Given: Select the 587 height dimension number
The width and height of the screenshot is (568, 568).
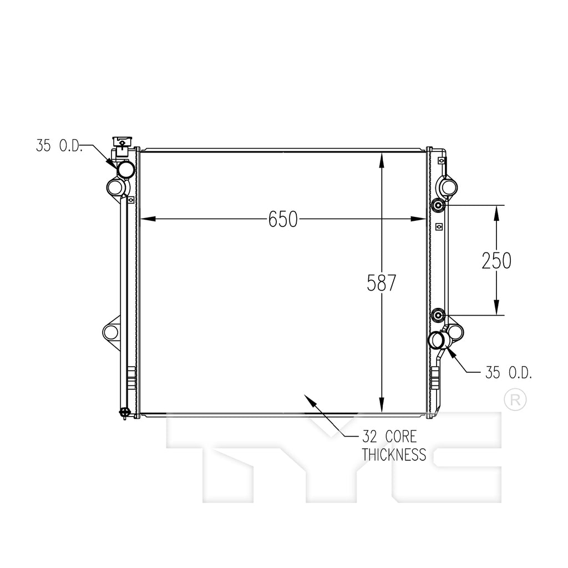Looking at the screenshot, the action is [x=382, y=283].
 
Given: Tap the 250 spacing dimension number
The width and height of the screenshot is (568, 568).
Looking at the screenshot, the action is [x=496, y=261].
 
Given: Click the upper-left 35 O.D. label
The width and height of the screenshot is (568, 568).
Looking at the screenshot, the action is [x=59, y=146].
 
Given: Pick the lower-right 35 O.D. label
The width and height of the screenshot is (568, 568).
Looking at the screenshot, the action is [x=509, y=372].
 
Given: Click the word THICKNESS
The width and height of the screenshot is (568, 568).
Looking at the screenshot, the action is [x=394, y=455].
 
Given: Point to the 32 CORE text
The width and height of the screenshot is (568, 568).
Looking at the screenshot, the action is [x=389, y=437].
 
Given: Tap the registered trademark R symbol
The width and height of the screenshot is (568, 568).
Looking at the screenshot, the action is [x=515, y=400].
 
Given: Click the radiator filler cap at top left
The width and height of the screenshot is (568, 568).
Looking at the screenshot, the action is [x=123, y=142].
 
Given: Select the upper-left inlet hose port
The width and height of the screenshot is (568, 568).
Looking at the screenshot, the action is [x=126, y=169].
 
